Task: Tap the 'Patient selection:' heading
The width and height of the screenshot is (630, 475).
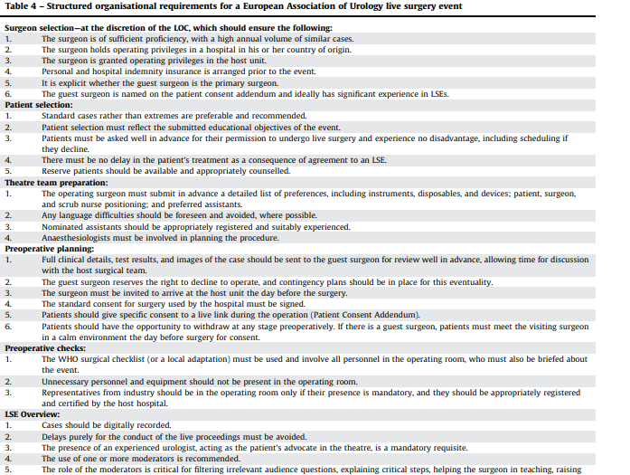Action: point(39,105)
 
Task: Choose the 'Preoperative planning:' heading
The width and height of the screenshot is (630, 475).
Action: point(50,248)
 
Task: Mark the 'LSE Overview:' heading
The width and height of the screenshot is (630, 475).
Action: point(33,414)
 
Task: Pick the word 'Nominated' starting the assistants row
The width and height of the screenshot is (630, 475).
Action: point(63,228)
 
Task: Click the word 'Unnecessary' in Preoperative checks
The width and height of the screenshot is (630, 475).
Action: point(69,383)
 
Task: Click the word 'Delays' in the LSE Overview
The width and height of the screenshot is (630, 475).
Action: point(54,436)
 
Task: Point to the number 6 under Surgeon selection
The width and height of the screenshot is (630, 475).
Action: point(9,94)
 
